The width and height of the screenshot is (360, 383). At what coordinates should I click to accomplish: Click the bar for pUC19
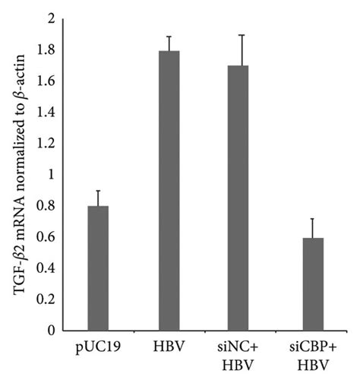[98, 268]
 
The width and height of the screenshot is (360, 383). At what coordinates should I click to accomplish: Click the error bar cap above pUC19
[98, 191]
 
